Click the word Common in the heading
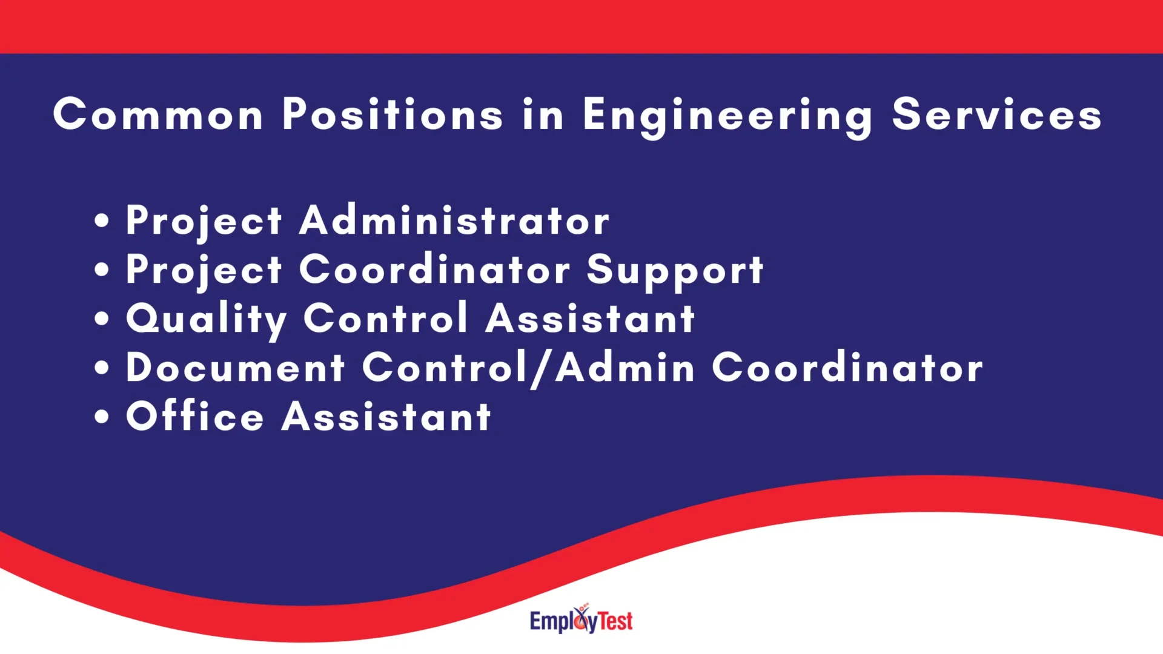click(x=158, y=114)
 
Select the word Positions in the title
click(x=393, y=114)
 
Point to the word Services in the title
click(x=996, y=114)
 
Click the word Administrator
click(x=454, y=220)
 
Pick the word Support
click(x=675, y=271)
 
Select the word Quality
click(x=206, y=320)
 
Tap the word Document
click(x=235, y=368)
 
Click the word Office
click(x=194, y=417)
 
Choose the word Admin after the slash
click(x=625, y=368)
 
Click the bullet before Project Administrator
click(x=102, y=221)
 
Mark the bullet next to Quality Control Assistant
click(x=102, y=319)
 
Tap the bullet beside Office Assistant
click(x=102, y=417)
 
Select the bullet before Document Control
click(x=102, y=368)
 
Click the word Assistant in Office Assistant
click(x=386, y=417)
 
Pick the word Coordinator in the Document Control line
click(x=847, y=368)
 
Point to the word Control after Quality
click(x=385, y=319)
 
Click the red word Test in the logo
click(x=615, y=621)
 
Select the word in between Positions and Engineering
click(x=543, y=114)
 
